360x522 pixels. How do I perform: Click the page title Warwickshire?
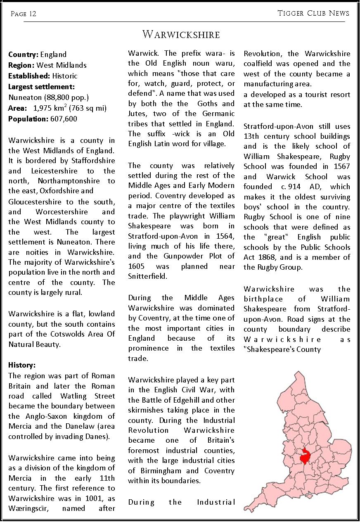click(x=181, y=34)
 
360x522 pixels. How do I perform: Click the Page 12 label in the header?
click(x=24, y=14)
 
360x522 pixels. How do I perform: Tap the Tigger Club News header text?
click(x=313, y=13)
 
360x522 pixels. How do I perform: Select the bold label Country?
click(x=23, y=55)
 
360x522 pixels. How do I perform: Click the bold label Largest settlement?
click(x=41, y=87)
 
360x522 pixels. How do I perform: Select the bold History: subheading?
click(x=22, y=365)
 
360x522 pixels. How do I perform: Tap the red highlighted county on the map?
click(x=305, y=456)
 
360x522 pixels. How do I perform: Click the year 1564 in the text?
click(x=226, y=236)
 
